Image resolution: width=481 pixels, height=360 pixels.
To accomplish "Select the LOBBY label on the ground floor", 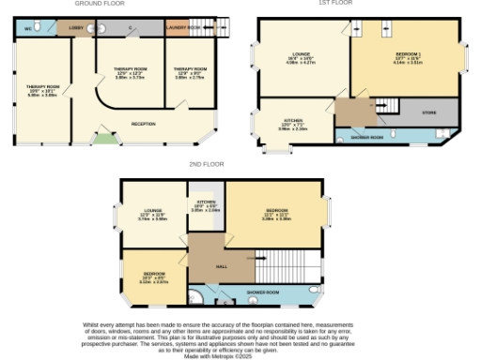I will pos(74,29).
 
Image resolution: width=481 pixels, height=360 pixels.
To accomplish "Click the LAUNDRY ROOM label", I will pos(182,29).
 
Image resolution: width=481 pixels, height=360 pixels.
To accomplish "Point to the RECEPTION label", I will pos(143,124).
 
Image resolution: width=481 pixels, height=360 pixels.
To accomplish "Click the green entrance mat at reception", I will pos(101,141).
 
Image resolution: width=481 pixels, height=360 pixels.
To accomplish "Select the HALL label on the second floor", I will pos(222,266).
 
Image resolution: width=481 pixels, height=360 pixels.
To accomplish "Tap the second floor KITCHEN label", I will pos(206,202).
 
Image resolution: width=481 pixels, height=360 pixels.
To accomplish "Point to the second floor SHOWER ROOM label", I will pos(263,292).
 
